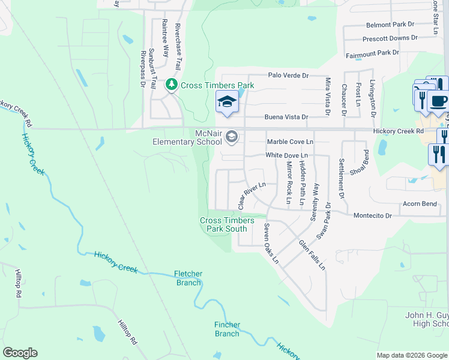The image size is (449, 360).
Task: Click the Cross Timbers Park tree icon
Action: coord(172,85)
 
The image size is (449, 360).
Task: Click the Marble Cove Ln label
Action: coord(290,142)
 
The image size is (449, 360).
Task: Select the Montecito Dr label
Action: coord(372,215)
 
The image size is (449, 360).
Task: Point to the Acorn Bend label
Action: coord(420,204)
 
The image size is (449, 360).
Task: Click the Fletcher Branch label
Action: coord(188,278)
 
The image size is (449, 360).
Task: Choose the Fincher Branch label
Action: coord(227,329)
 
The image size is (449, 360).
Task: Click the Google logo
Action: coord(20,353)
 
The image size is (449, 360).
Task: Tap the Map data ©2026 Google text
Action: coord(412,355)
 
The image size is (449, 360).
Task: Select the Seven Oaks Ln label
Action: coord(271,243)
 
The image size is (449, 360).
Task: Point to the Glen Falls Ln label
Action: coord(312,254)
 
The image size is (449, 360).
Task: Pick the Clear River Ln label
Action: coord(252,196)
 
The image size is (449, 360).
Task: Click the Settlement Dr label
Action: coord(342,178)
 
